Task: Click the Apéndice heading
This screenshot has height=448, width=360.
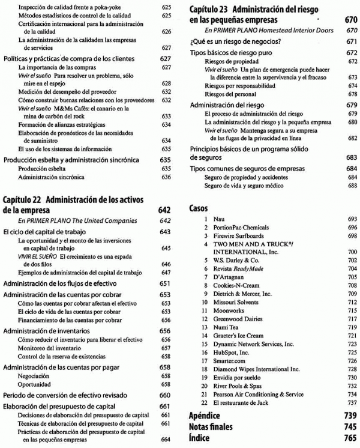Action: point(203,416)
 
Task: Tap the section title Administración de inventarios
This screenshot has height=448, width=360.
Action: point(46,330)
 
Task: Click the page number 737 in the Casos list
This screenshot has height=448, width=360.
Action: point(352,402)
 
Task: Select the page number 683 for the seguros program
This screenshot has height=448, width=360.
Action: point(352,157)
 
